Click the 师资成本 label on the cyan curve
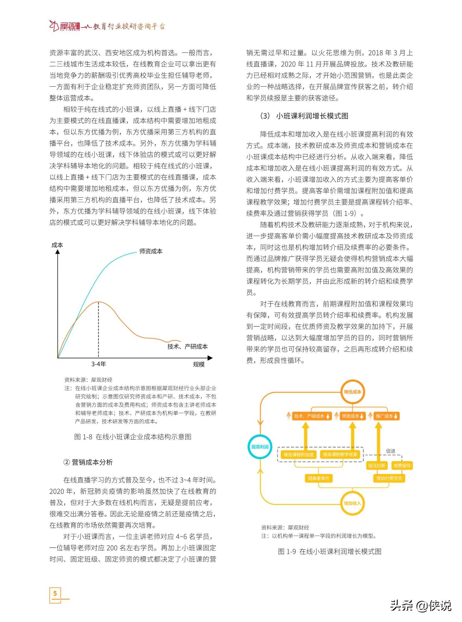151,251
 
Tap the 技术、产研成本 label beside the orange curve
187,346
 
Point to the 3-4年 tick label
98,364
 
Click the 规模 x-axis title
199,364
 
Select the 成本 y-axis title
57,245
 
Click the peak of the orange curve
98,302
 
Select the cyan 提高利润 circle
260,447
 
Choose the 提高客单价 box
319,478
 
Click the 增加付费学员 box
389,478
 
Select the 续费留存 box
402,466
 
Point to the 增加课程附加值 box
298,455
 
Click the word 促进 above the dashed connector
391,451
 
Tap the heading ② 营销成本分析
88,462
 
